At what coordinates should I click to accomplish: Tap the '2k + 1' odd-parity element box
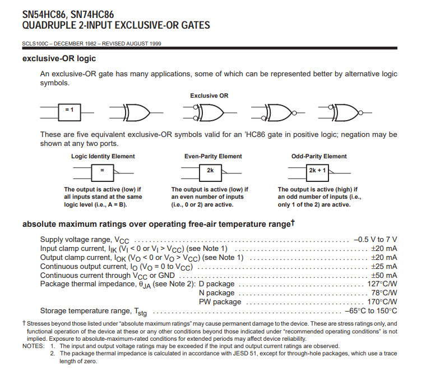[317, 170]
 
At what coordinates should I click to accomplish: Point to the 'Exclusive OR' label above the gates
[209, 95]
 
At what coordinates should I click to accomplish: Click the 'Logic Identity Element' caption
[103, 156]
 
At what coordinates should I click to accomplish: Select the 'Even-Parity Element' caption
[214, 156]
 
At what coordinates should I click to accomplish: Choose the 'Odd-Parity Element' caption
[319, 156]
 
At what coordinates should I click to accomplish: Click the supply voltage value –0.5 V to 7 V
[375, 239]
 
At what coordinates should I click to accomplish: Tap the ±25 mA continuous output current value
[384, 266]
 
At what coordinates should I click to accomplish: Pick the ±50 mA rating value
[384, 275]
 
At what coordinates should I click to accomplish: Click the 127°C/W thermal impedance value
[382, 284]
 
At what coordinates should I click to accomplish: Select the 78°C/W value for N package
[384, 292]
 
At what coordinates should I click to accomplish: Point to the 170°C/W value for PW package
[382, 301]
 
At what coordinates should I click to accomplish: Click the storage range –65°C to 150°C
[371, 310]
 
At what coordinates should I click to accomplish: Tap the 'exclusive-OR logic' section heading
[59, 58]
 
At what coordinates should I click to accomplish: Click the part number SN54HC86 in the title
[45, 15]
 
